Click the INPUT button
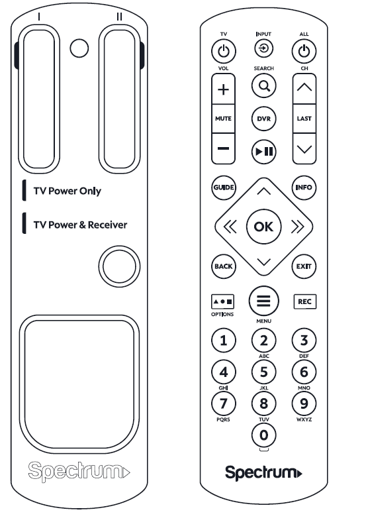pyautogui.click(x=263, y=48)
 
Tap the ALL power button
pyautogui.click(x=304, y=51)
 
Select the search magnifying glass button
pyautogui.click(x=263, y=85)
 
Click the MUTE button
pyautogui.click(x=223, y=118)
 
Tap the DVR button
pyautogui.click(x=263, y=118)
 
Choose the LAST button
pyautogui.click(x=304, y=118)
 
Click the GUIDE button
pyautogui.click(x=223, y=187)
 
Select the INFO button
pyautogui.click(x=304, y=187)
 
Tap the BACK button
pyautogui.click(x=223, y=266)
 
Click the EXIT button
pyautogui.click(x=304, y=266)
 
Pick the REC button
pyautogui.click(x=304, y=301)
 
